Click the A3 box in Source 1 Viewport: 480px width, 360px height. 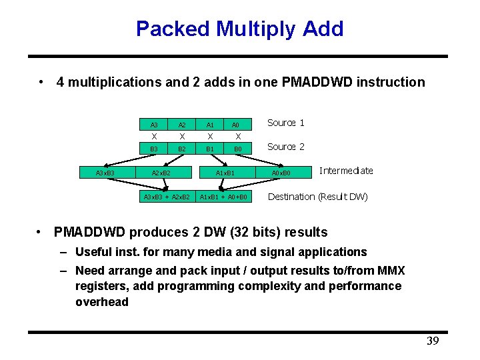154,125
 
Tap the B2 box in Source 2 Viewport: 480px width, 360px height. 181,149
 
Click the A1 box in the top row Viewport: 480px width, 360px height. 209,125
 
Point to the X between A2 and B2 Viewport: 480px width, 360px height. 181,137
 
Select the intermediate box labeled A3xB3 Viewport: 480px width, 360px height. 105,173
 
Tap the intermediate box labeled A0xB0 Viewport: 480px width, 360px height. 281,173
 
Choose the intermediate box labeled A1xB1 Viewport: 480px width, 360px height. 225,173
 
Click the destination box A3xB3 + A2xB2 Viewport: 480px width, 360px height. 167,197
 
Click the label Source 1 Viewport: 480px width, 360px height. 285,123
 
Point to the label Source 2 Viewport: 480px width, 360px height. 285,147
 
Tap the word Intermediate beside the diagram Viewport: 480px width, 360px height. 346,171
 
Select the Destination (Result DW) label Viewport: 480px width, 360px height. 317,197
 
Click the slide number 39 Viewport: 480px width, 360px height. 433,341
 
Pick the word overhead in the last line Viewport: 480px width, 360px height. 102,302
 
